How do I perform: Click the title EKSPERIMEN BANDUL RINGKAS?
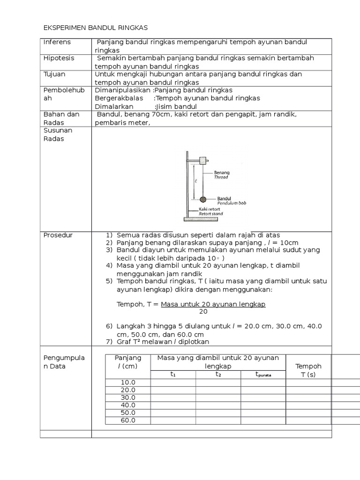point(95,28)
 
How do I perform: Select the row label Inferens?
point(57,42)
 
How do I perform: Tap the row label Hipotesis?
point(59,58)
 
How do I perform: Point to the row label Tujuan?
point(54,74)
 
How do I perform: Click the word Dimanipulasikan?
point(123,90)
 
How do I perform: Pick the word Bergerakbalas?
point(117,98)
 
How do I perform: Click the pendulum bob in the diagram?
point(202,200)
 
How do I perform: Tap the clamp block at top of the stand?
point(203,161)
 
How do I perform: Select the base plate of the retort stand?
point(197,219)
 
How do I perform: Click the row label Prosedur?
point(58,235)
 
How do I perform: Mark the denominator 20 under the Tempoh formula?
point(203,311)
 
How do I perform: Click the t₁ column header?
point(172,374)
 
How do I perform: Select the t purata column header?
point(263,375)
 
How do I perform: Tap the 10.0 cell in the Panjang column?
point(128,382)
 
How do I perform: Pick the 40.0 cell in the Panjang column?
point(128,405)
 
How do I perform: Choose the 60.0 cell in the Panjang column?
point(128,420)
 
